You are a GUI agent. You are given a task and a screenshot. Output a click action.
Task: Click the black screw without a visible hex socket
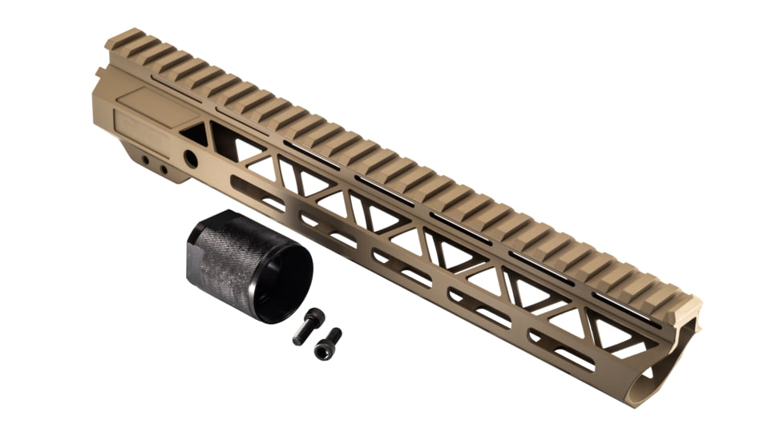click(x=306, y=326)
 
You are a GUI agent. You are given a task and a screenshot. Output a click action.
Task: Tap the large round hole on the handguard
click(x=191, y=160)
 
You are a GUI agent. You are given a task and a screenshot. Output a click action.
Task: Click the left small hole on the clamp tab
click(x=147, y=161)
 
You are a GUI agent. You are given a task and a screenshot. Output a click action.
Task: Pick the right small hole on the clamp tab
click(x=164, y=170)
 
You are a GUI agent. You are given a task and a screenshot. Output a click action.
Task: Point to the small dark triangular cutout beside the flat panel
click(x=196, y=134)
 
